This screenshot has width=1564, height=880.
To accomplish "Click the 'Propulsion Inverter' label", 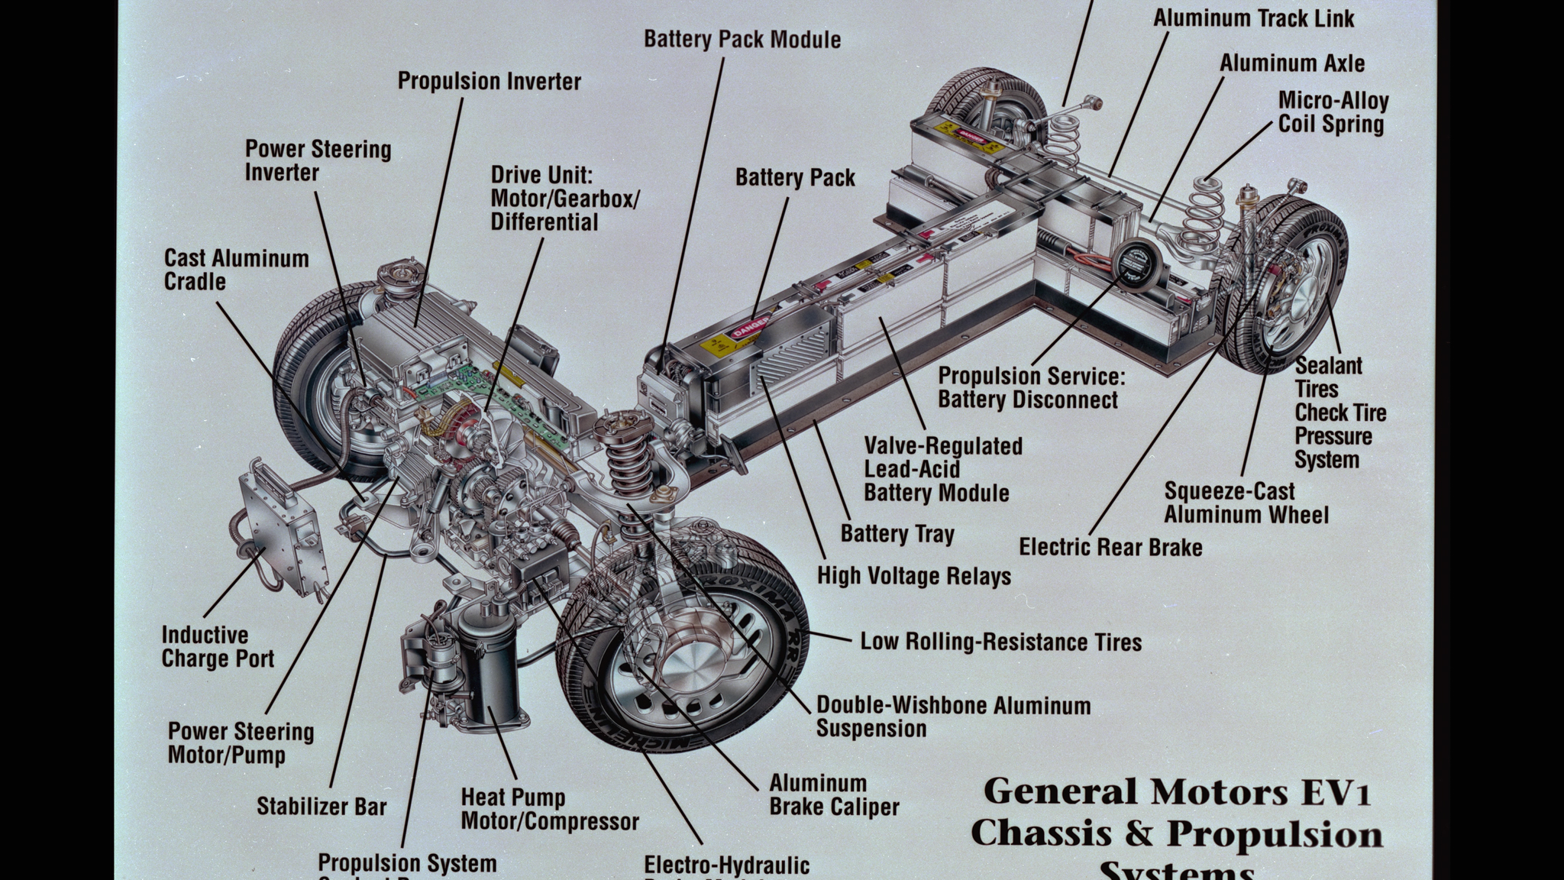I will (489, 81).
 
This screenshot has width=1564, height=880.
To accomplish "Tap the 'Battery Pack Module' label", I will (742, 39).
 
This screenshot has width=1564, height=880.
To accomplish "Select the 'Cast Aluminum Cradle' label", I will (236, 270).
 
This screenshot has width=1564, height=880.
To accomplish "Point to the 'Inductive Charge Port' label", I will (218, 646).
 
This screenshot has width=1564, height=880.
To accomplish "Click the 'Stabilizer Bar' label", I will (322, 807).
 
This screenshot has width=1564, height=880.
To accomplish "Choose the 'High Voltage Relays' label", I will (913, 576).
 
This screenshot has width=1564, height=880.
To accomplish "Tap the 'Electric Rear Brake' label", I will (1110, 547).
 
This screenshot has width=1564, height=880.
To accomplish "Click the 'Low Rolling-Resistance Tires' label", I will (1000, 642).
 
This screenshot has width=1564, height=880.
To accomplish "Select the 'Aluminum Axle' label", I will (1291, 63).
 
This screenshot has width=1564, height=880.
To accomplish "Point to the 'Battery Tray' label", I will (897, 534).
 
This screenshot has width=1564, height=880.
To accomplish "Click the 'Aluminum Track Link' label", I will (1253, 18).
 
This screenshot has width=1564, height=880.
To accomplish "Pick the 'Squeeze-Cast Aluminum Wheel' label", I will (1246, 503).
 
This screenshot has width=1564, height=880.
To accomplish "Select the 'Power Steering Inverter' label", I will (318, 160).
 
